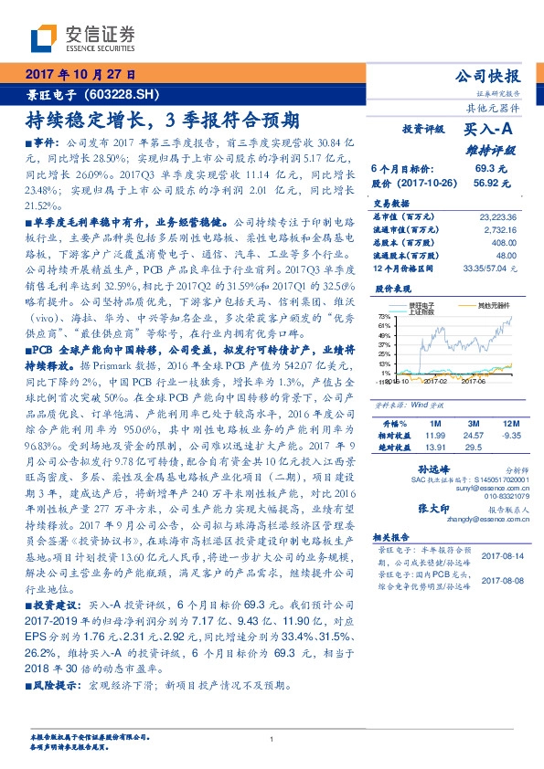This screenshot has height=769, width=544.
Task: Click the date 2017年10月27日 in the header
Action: [83, 75]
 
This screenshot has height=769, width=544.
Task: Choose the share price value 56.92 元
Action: [485, 183]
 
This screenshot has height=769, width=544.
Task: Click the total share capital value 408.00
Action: [504, 243]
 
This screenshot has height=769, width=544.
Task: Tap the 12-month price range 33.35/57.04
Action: [485, 269]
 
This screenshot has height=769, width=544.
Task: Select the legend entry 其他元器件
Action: [496, 304]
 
